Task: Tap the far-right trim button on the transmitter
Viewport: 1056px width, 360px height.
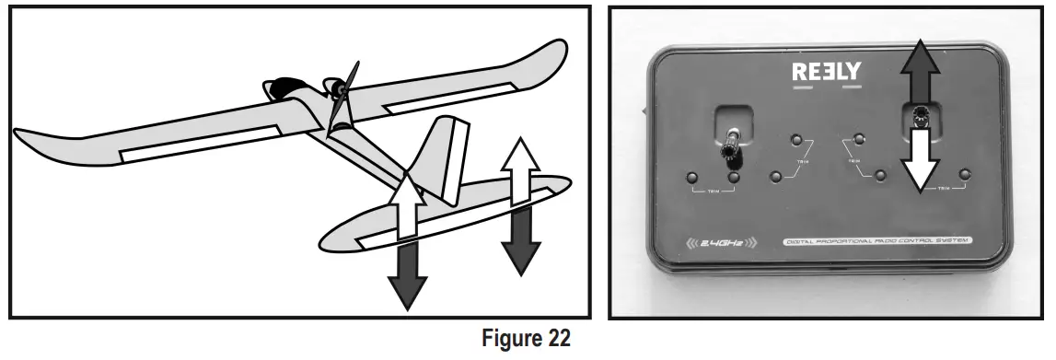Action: [965, 174]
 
